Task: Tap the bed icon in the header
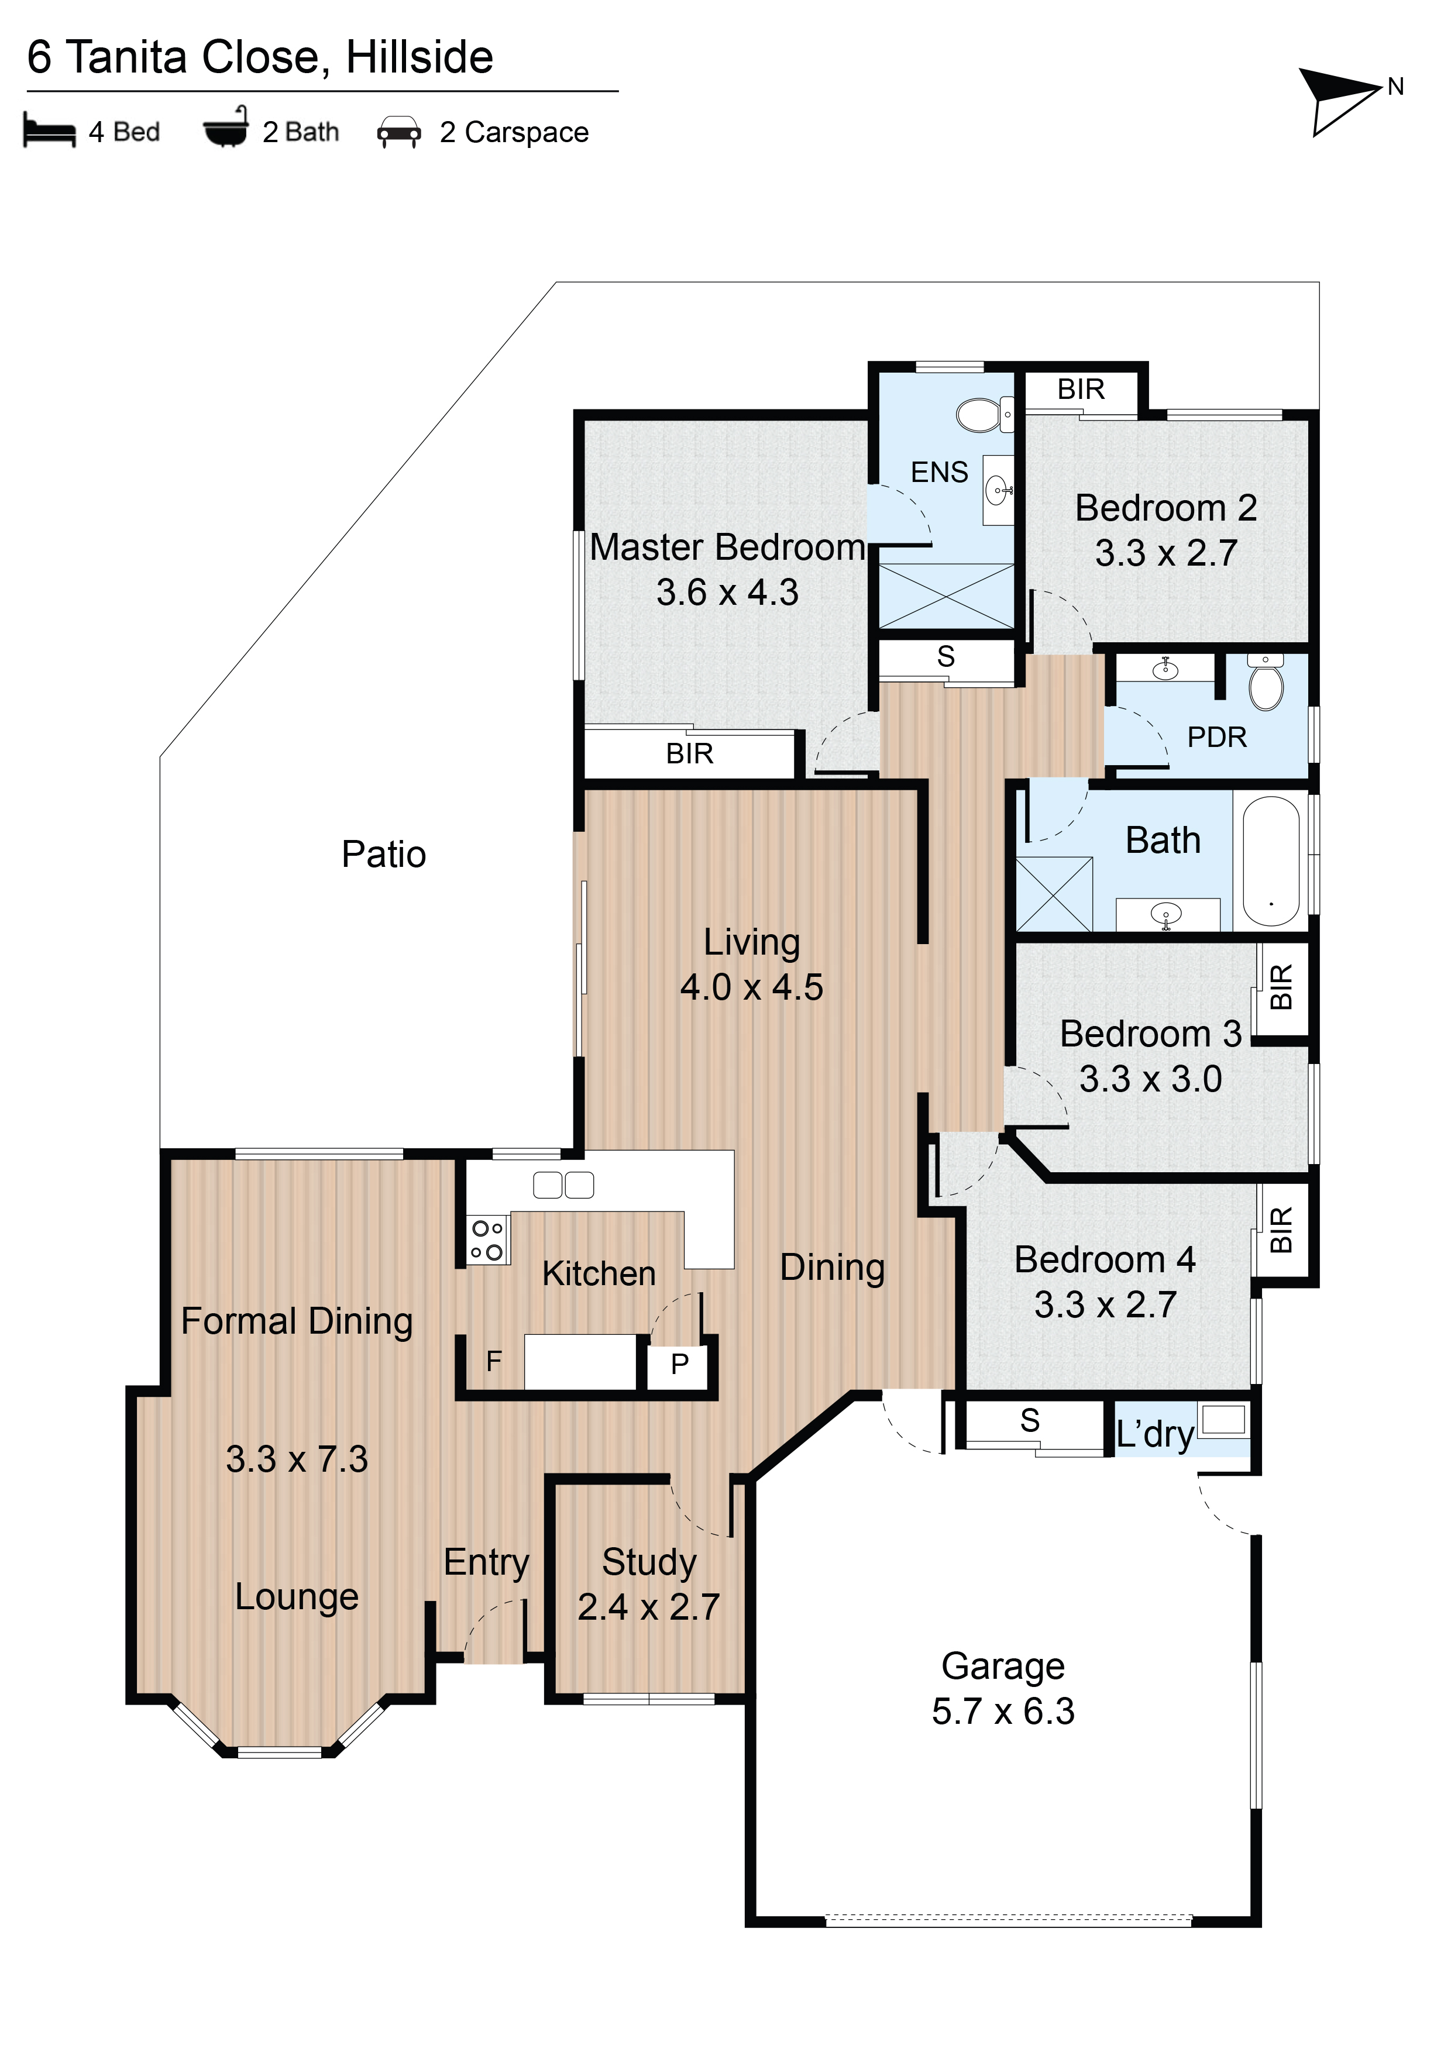coord(49,130)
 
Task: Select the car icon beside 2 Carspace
coord(399,132)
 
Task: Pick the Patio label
coord(384,855)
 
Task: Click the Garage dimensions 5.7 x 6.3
coord(1003,1710)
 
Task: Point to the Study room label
coord(649,1561)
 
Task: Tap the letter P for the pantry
coord(679,1364)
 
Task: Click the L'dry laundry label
coord(1155,1434)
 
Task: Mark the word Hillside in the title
coord(420,57)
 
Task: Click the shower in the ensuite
coord(947,596)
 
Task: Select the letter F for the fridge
coord(493,1361)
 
